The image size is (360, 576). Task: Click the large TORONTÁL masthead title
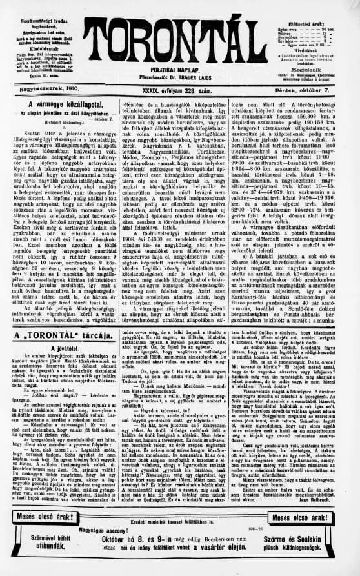coord(180,40)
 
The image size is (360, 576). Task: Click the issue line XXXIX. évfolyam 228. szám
coord(178,93)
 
